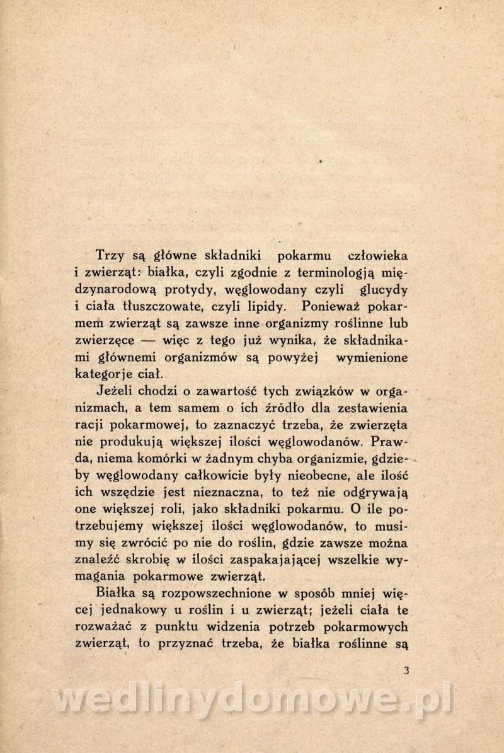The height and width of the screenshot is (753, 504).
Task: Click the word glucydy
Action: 385,290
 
